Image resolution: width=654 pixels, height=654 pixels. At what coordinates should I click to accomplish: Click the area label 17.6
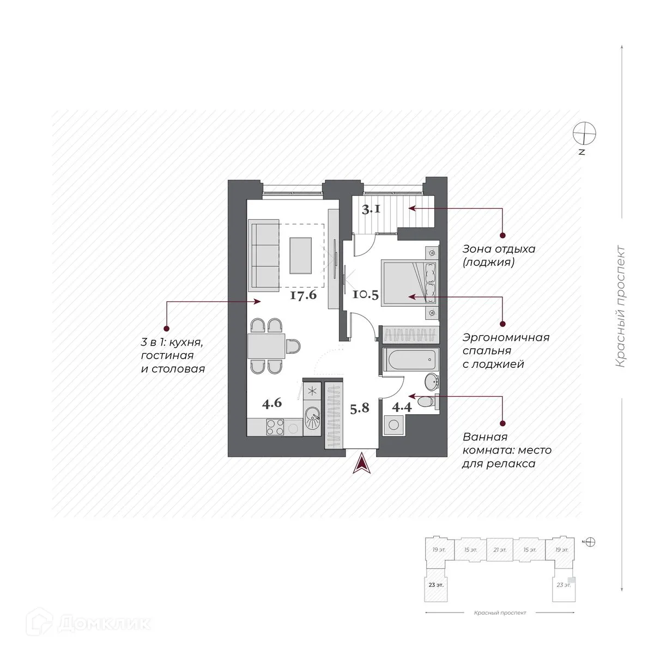pos(304,296)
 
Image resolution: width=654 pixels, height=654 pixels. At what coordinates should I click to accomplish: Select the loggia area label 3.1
pos(372,209)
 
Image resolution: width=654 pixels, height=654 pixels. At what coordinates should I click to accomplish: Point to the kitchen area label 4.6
pos(271,404)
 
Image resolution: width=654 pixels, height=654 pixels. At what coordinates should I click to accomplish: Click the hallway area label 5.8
pos(360,408)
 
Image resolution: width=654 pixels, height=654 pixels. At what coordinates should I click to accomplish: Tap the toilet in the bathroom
pos(429,402)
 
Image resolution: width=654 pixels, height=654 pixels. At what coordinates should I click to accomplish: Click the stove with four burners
pos(274,427)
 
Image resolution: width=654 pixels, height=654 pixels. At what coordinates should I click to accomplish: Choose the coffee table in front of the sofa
pos(301,255)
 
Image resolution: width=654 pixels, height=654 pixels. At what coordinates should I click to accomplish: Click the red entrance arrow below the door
pos(360,464)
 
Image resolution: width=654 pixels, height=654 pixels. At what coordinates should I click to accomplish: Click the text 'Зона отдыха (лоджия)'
pos(498,256)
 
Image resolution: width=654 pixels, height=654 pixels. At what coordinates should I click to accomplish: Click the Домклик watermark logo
pos(76,623)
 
